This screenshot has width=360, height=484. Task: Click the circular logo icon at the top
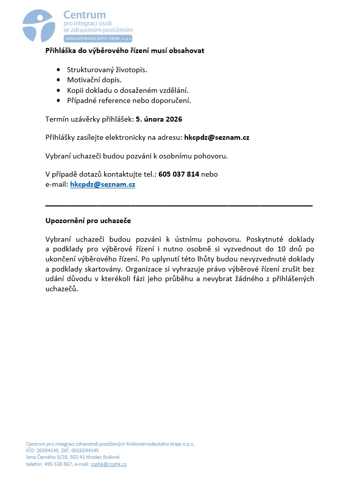(x=38, y=24)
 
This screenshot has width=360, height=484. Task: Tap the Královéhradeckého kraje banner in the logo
(x=98, y=39)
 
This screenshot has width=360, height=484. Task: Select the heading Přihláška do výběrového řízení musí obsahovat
(x=125, y=50)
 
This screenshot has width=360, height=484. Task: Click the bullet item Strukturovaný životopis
(x=107, y=70)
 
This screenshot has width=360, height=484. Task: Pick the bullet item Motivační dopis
(x=95, y=80)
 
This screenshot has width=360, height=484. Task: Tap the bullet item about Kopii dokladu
(x=128, y=90)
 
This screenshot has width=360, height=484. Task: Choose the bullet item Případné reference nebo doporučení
(x=129, y=100)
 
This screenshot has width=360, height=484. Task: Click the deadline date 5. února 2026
(x=159, y=119)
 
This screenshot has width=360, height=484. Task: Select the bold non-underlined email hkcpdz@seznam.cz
(x=217, y=137)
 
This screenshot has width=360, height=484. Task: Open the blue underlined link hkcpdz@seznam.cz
(x=103, y=185)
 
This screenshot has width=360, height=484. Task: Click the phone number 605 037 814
(x=179, y=174)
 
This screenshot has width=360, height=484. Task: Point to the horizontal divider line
(x=179, y=205)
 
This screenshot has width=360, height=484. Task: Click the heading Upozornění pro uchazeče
(x=88, y=221)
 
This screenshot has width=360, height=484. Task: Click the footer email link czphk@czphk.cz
(x=108, y=464)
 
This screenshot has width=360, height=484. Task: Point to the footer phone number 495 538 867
(x=58, y=464)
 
